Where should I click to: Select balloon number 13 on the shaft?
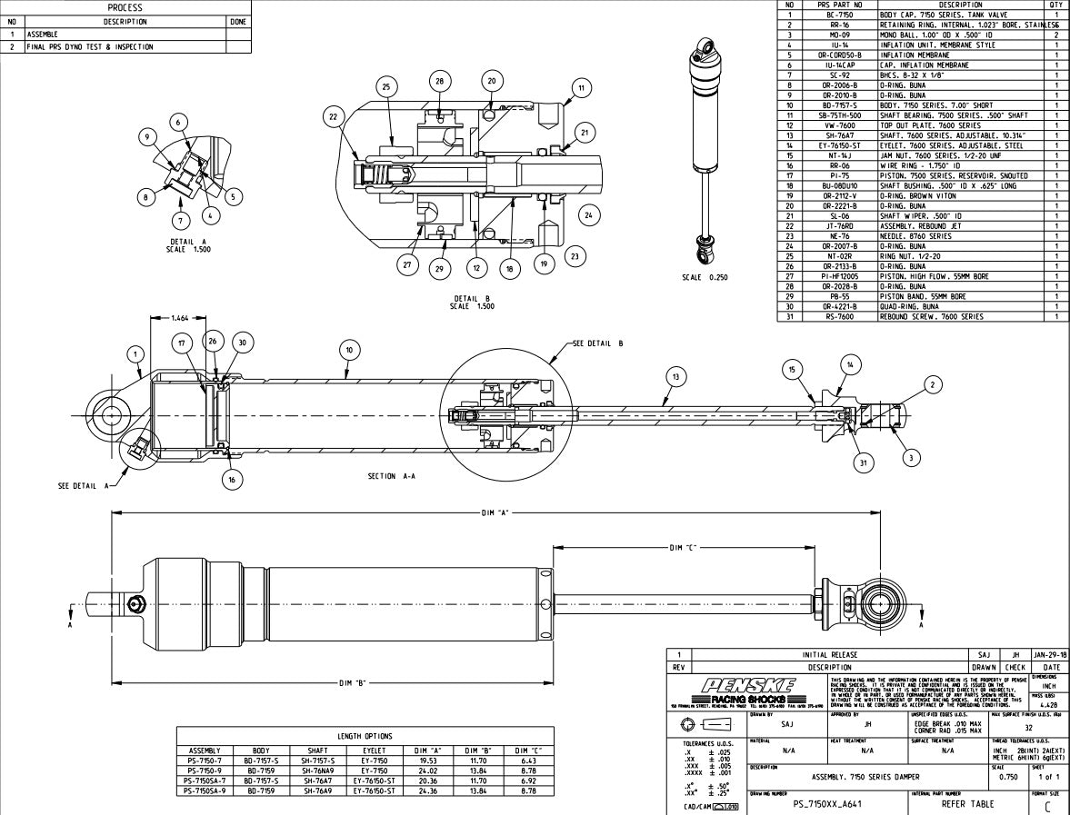[x=673, y=376]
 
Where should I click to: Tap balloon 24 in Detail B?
[x=588, y=215]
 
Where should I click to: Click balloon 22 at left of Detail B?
[x=334, y=115]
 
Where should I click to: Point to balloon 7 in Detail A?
[x=180, y=220]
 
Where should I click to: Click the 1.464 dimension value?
[x=179, y=318]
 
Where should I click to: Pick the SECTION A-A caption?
[x=395, y=476]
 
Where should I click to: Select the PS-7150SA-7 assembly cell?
[x=205, y=780]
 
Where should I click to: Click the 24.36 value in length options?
[x=429, y=790]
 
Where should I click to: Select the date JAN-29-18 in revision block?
[x=1050, y=654]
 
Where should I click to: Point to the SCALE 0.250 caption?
[x=705, y=278]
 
